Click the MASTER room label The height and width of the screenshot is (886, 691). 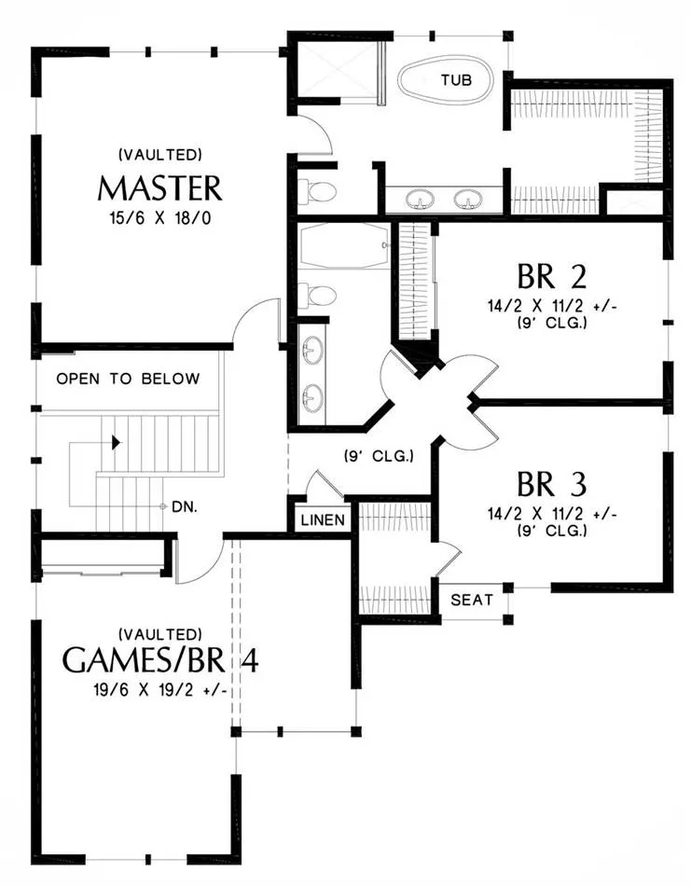pyautogui.click(x=159, y=188)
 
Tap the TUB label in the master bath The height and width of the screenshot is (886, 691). pyautogui.click(x=457, y=79)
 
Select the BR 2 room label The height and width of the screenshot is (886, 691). pyautogui.click(x=551, y=276)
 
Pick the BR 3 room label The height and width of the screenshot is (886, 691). pyautogui.click(x=551, y=484)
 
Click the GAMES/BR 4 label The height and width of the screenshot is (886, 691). pyautogui.click(x=160, y=660)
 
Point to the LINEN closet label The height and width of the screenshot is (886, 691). pyautogui.click(x=323, y=519)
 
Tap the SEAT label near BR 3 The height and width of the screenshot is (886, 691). pyautogui.click(x=472, y=600)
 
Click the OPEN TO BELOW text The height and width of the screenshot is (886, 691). pyautogui.click(x=128, y=379)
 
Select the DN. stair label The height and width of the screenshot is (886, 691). pyautogui.click(x=185, y=507)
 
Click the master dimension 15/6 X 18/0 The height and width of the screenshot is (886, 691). pyautogui.click(x=160, y=218)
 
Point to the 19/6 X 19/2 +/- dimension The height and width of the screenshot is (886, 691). pyautogui.click(x=159, y=690)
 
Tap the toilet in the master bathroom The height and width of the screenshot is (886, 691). pyautogui.click(x=317, y=191)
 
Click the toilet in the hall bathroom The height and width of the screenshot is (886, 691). pyautogui.click(x=317, y=295)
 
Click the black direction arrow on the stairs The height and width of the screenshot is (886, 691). pyautogui.click(x=117, y=442)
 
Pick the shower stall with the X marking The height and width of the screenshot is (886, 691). pyautogui.click(x=336, y=68)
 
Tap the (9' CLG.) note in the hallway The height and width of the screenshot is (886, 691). pyautogui.click(x=380, y=455)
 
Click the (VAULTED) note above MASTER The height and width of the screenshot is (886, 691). pyautogui.click(x=160, y=154)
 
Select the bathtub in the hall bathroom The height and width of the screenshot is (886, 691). pyautogui.click(x=343, y=245)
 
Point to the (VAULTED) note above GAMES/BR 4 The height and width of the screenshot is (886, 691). pyautogui.click(x=160, y=634)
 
